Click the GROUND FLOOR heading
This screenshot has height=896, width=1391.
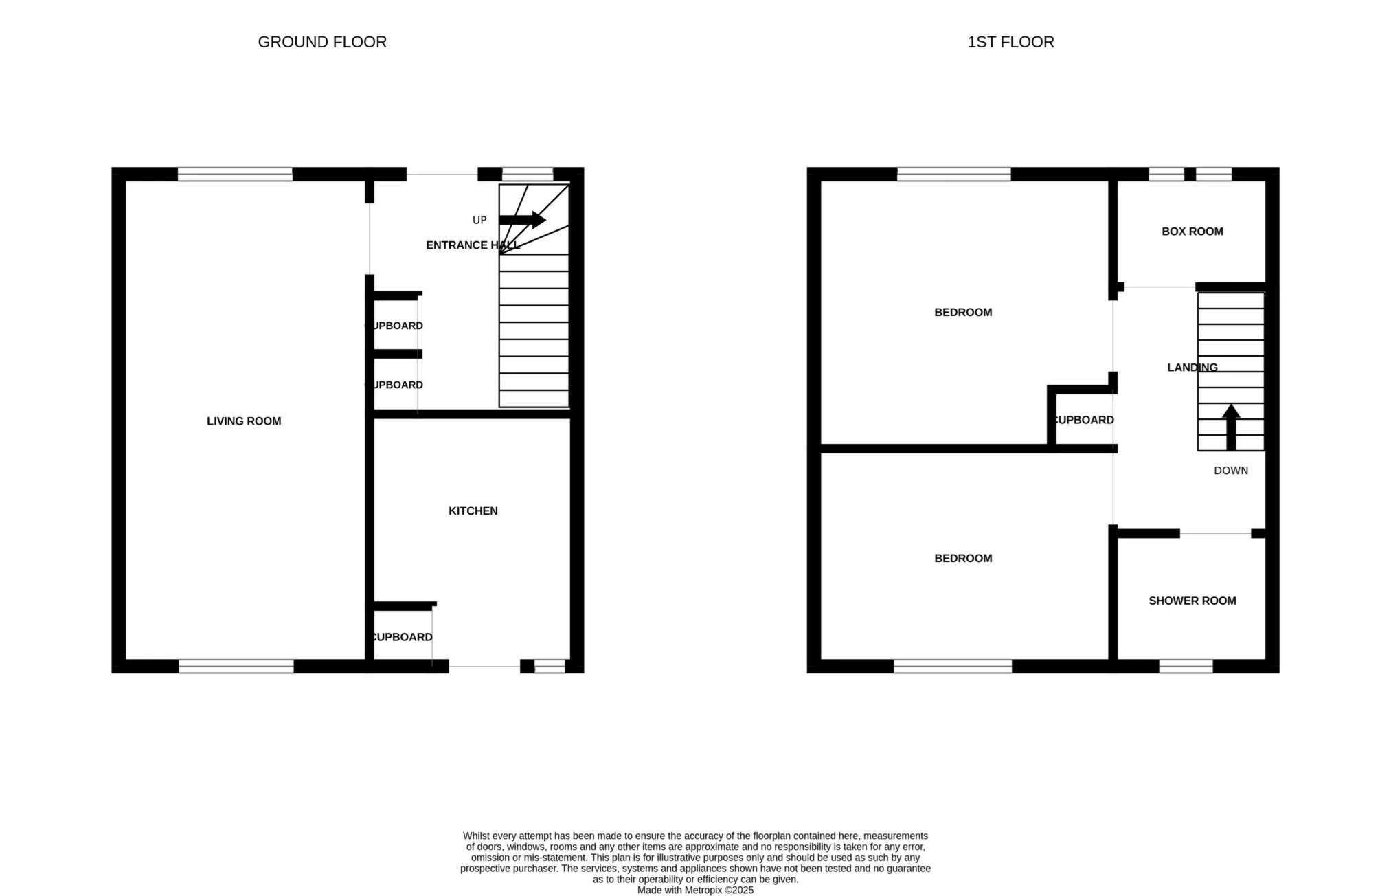click(x=322, y=42)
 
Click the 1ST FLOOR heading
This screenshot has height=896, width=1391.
click(x=1010, y=42)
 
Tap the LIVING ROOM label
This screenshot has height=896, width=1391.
click(x=244, y=421)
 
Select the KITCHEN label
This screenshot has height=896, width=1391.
click(x=473, y=511)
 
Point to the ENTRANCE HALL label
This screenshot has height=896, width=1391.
click(x=472, y=245)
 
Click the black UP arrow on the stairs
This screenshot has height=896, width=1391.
click(x=522, y=220)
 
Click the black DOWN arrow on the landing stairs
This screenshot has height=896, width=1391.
click(x=1231, y=427)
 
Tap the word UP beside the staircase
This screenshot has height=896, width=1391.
click(x=479, y=220)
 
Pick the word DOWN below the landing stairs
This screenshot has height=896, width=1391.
click(x=1230, y=471)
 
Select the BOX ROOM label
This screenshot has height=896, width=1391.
click(x=1192, y=232)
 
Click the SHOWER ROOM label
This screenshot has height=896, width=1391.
click(x=1192, y=601)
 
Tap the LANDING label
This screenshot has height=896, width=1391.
click(x=1192, y=368)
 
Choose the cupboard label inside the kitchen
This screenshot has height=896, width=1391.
click(x=402, y=637)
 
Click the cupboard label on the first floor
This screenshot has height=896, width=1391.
click(x=1084, y=420)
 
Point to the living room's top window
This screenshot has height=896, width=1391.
click(x=235, y=174)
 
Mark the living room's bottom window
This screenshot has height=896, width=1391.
click(x=236, y=666)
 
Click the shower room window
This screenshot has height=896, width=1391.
click(x=1186, y=666)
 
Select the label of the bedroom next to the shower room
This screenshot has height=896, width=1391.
click(x=963, y=558)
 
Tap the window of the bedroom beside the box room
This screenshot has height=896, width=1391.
click(x=953, y=174)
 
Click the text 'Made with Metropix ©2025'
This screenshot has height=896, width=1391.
click(x=695, y=890)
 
